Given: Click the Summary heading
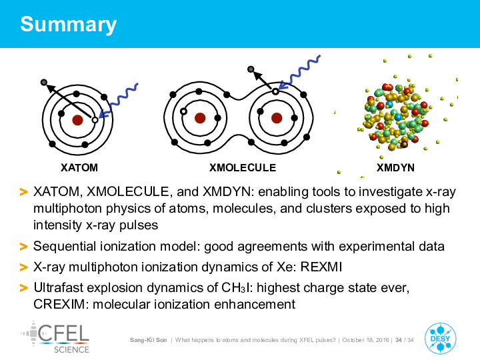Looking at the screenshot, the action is [68, 25].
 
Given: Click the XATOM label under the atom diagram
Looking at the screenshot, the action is [79, 168].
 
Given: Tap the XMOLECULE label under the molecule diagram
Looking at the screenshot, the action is [243, 168].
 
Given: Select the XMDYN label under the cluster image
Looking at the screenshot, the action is [395, 168].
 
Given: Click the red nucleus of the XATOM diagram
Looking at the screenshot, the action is [77, 120].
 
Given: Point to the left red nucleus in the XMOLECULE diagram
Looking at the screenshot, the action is [200, 118].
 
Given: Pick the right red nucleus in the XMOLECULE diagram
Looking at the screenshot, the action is [277, 118].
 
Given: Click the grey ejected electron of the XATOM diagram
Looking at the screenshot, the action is [44, 83].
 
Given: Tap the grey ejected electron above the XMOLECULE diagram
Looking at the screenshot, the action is [251, 69].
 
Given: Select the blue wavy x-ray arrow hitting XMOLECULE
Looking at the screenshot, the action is [299, 73].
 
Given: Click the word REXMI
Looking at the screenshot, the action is [321, 267].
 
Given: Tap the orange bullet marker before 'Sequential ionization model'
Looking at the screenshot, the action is [23, 247].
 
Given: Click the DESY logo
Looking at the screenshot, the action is [441, 339].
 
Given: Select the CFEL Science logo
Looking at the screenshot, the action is [55, 337].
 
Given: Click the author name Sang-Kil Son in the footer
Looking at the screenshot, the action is [149, 340].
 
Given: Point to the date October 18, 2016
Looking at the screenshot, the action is [365, 340].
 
